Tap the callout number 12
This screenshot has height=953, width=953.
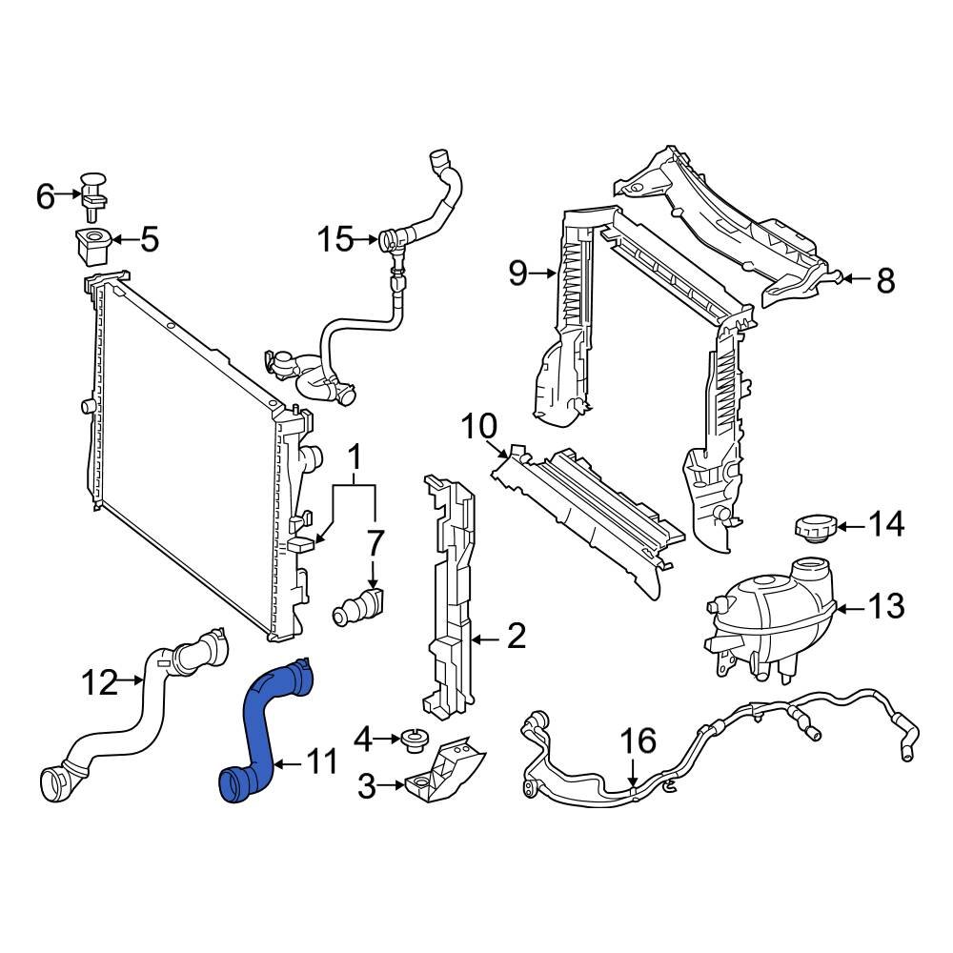pos(100,682)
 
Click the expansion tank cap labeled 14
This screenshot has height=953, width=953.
pos(812,527)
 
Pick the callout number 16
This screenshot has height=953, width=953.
pos(639,741)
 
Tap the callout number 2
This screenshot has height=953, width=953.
pos(516,637)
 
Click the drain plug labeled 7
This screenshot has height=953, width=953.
pos(360,607)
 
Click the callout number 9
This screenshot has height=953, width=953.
pos(517,274)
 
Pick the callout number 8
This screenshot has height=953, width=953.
pos(885,280)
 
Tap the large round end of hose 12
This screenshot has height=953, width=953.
pos(54,785)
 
